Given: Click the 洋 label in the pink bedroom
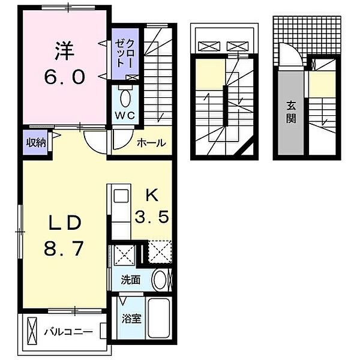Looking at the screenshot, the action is point(65,51).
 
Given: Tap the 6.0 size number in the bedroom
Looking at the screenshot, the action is point(65,77).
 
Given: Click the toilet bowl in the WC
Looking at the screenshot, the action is point(125,98).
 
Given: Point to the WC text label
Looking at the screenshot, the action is point(125,116).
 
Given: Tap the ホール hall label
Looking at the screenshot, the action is point(151,143).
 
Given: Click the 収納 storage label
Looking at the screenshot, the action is point(35,143).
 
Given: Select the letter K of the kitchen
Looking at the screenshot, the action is point(152,196).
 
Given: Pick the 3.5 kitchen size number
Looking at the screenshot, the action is point(152,217).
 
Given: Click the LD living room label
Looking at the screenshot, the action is point(65,223).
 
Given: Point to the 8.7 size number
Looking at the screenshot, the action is point(64,248).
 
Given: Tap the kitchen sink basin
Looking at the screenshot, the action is point(121,196).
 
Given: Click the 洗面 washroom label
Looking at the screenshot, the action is point(130,280).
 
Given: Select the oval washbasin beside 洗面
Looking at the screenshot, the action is point(160,280).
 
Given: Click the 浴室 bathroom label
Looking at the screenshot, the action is point(131,319).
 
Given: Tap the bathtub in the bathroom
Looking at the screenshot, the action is point(158,318).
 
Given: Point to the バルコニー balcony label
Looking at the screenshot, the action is point(69,332).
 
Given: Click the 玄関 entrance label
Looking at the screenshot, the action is point(291,112).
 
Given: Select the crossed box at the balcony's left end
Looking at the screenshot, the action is point(32,330).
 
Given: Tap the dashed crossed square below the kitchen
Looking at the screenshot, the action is point(160,251).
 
